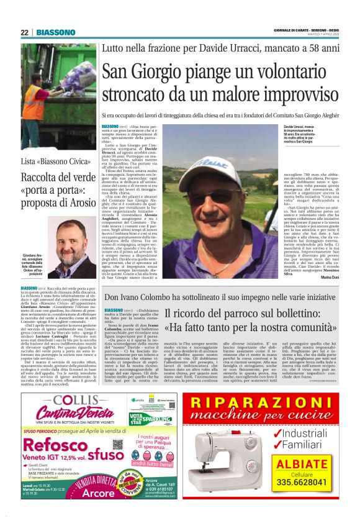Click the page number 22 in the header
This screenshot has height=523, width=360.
(24, 32)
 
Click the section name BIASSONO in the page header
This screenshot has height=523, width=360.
(55, 32)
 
